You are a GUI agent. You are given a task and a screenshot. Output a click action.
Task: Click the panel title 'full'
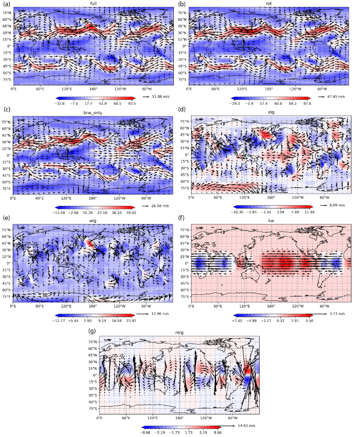tap(93, 4)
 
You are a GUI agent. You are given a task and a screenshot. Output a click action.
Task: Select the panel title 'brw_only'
tap(93, 113)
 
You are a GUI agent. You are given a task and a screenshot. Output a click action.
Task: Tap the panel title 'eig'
tap(271, 113)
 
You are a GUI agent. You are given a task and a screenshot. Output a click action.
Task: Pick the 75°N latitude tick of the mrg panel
tap(92, 342)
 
